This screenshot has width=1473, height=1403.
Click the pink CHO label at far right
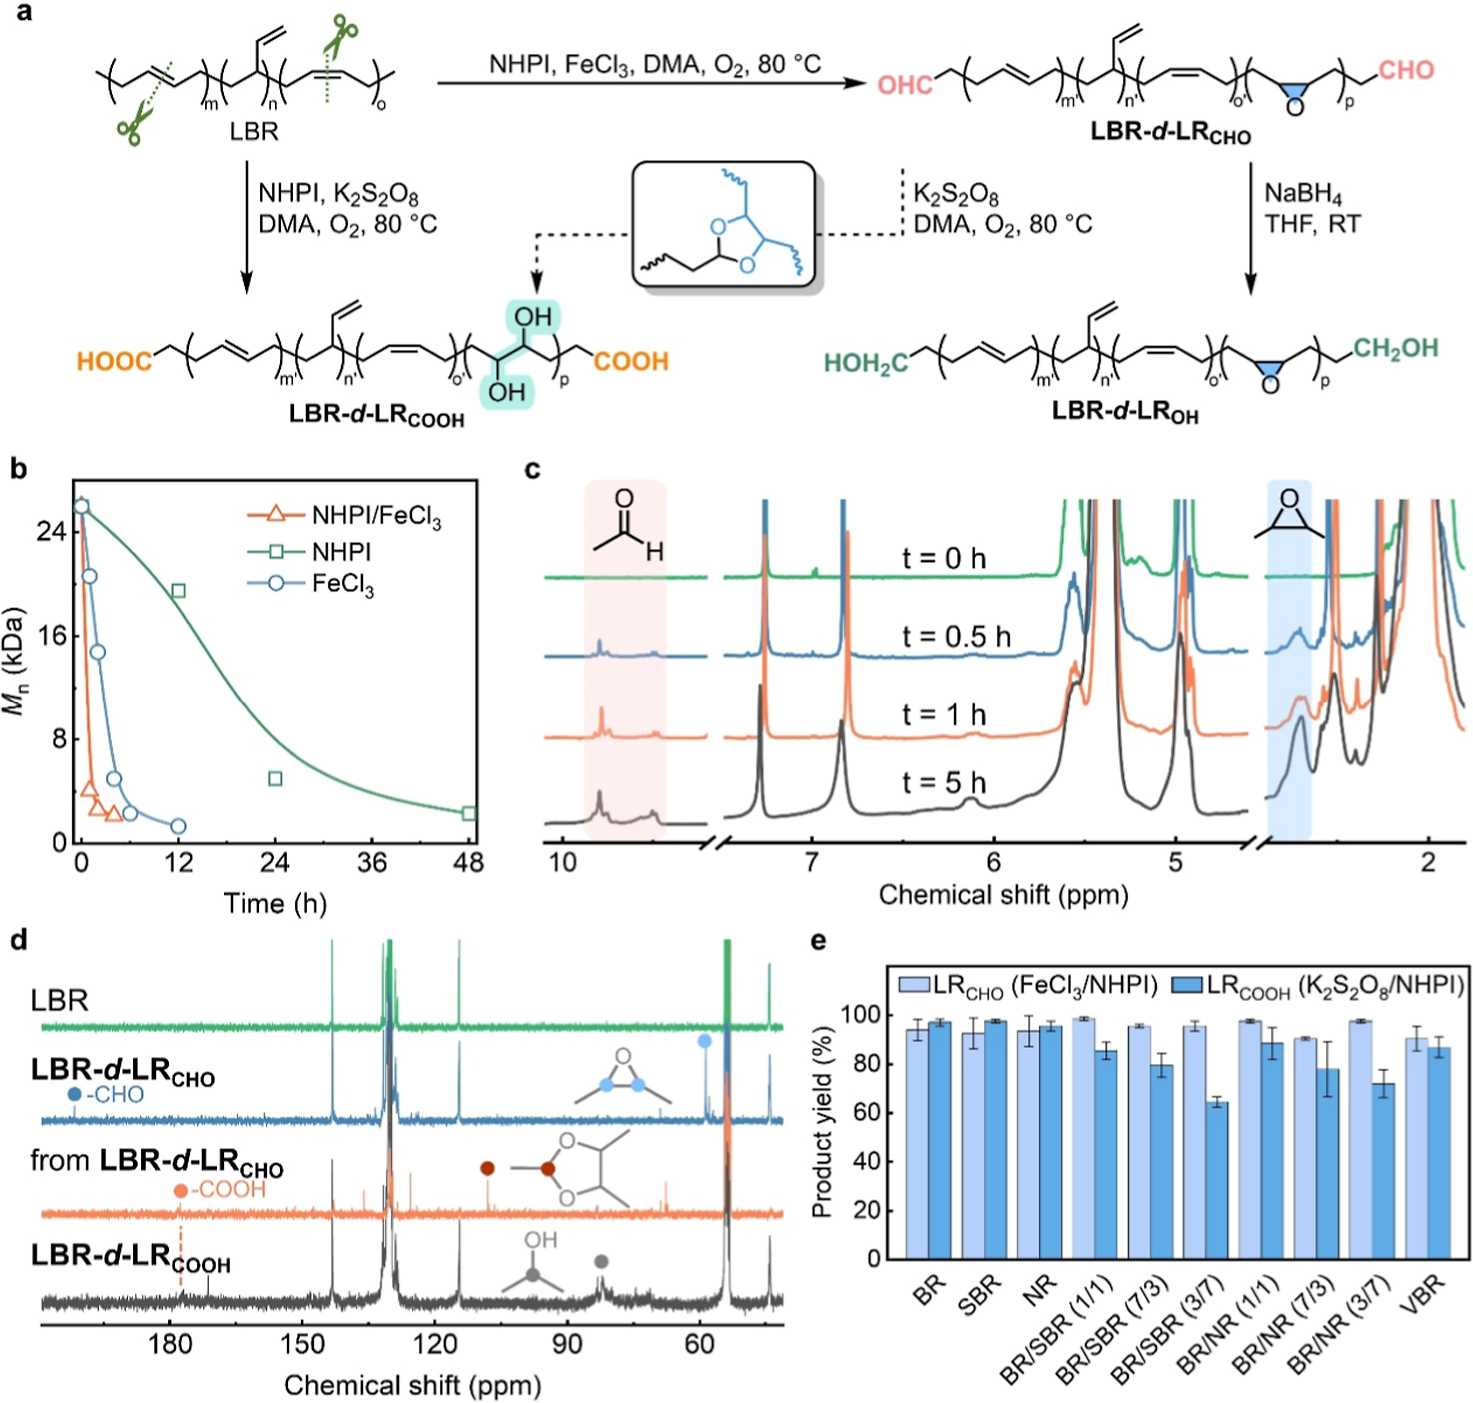(x=1405, y=70)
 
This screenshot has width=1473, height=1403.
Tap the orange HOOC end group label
(x=115, y=361)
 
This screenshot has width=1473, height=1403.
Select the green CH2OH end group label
(x=1395, y=348)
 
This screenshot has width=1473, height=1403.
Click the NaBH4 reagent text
(x=1303, y=193)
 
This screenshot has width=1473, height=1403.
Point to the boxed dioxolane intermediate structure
(x=724, y=225)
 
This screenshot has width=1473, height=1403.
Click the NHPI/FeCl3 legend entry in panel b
(x=345, y=515)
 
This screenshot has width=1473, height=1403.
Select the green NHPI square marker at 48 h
(x=469, y=813)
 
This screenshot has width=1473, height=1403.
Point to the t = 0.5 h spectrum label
(x=956, y=637)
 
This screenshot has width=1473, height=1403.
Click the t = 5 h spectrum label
(x=944, y=782)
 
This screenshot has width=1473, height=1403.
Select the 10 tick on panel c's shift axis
(x=563, y=862)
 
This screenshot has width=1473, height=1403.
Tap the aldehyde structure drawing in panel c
(x=626, y=524)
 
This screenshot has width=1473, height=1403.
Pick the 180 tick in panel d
(x=170, y=1344)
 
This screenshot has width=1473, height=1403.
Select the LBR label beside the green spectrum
(x=60, y=1000)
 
